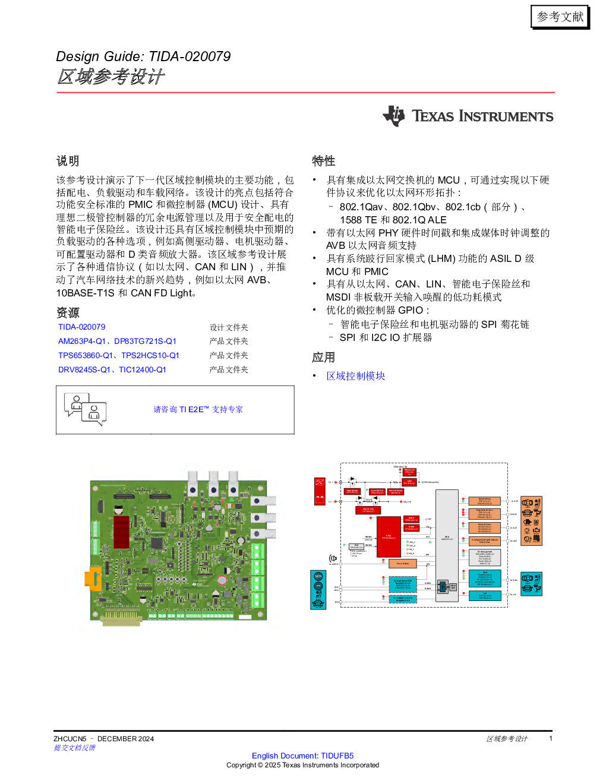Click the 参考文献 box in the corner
pos(560,17)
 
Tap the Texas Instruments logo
pos(468,116)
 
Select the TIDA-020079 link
pos(82,327)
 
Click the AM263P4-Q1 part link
pos(81,342)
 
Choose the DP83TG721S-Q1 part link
pos(145,342)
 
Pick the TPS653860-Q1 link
pos(85,356)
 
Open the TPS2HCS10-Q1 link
pos(150,356)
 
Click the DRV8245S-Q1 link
pos(84,370)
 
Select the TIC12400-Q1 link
pos(142,370)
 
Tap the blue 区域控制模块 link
pos(356,376)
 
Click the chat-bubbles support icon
pos(84,409)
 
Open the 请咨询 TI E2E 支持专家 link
pos(198,410)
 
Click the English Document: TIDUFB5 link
pos(303,756)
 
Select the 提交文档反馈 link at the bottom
pos(74,748)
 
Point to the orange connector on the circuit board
pos(92,579)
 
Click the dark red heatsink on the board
pos(121,531)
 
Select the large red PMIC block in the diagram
pos(389,537)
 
